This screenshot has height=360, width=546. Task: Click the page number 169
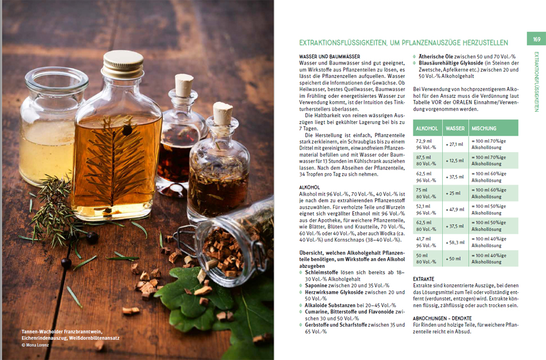[x=537, y=39]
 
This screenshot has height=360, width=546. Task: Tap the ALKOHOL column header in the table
[x=427, y=128]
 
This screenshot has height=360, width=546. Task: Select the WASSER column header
[x=455, y=128]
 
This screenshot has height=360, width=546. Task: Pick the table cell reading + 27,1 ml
[x=454, y=144]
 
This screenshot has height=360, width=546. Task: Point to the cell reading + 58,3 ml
[x=455, y=242]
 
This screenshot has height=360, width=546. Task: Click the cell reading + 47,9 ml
[x=455, y=209]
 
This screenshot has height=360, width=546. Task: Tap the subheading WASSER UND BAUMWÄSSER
[x=329, y=57]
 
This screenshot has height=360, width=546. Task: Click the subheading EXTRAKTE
[x=423, y=279]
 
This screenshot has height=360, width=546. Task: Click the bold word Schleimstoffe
[x=322, y=272]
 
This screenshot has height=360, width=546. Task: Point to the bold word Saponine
[x=316, y=286]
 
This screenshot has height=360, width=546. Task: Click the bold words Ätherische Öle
[x=435, y=57]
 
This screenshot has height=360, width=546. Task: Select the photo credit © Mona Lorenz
[x=35, y=345]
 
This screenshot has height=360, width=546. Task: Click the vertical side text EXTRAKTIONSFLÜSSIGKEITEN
[x=537, y=82]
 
